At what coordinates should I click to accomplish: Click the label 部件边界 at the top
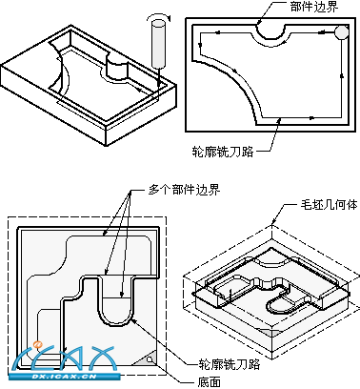pos(314,7)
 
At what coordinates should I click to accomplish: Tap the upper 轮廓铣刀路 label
pos(223,152)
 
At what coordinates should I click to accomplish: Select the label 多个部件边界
pos(185,190)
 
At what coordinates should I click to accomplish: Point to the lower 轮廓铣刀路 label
pos(230,363)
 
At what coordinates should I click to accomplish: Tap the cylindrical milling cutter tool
pos(159,44)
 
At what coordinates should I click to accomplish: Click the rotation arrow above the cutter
pos(159,16)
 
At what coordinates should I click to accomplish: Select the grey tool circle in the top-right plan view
pos(342,32)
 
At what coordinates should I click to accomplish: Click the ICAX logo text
pos(65,359)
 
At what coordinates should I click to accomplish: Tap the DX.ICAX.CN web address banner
pos(65,377)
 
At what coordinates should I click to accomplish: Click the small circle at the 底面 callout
pos(150,359)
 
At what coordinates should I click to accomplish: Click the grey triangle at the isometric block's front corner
pos(270,332)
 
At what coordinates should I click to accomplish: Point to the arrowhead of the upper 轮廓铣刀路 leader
pos(280,120)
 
